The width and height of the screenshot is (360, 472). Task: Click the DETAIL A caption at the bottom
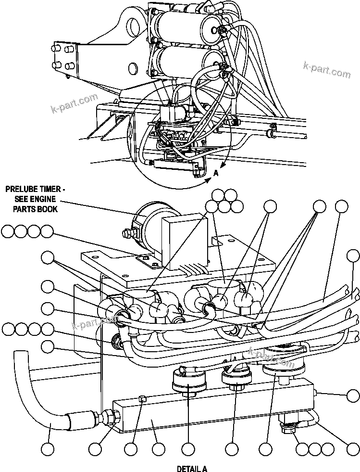pos(191,468)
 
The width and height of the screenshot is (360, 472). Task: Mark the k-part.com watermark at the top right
pos(326,70)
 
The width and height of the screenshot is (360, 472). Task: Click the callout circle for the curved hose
pos(47,449)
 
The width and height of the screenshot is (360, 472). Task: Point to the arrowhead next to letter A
pos(209,180)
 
